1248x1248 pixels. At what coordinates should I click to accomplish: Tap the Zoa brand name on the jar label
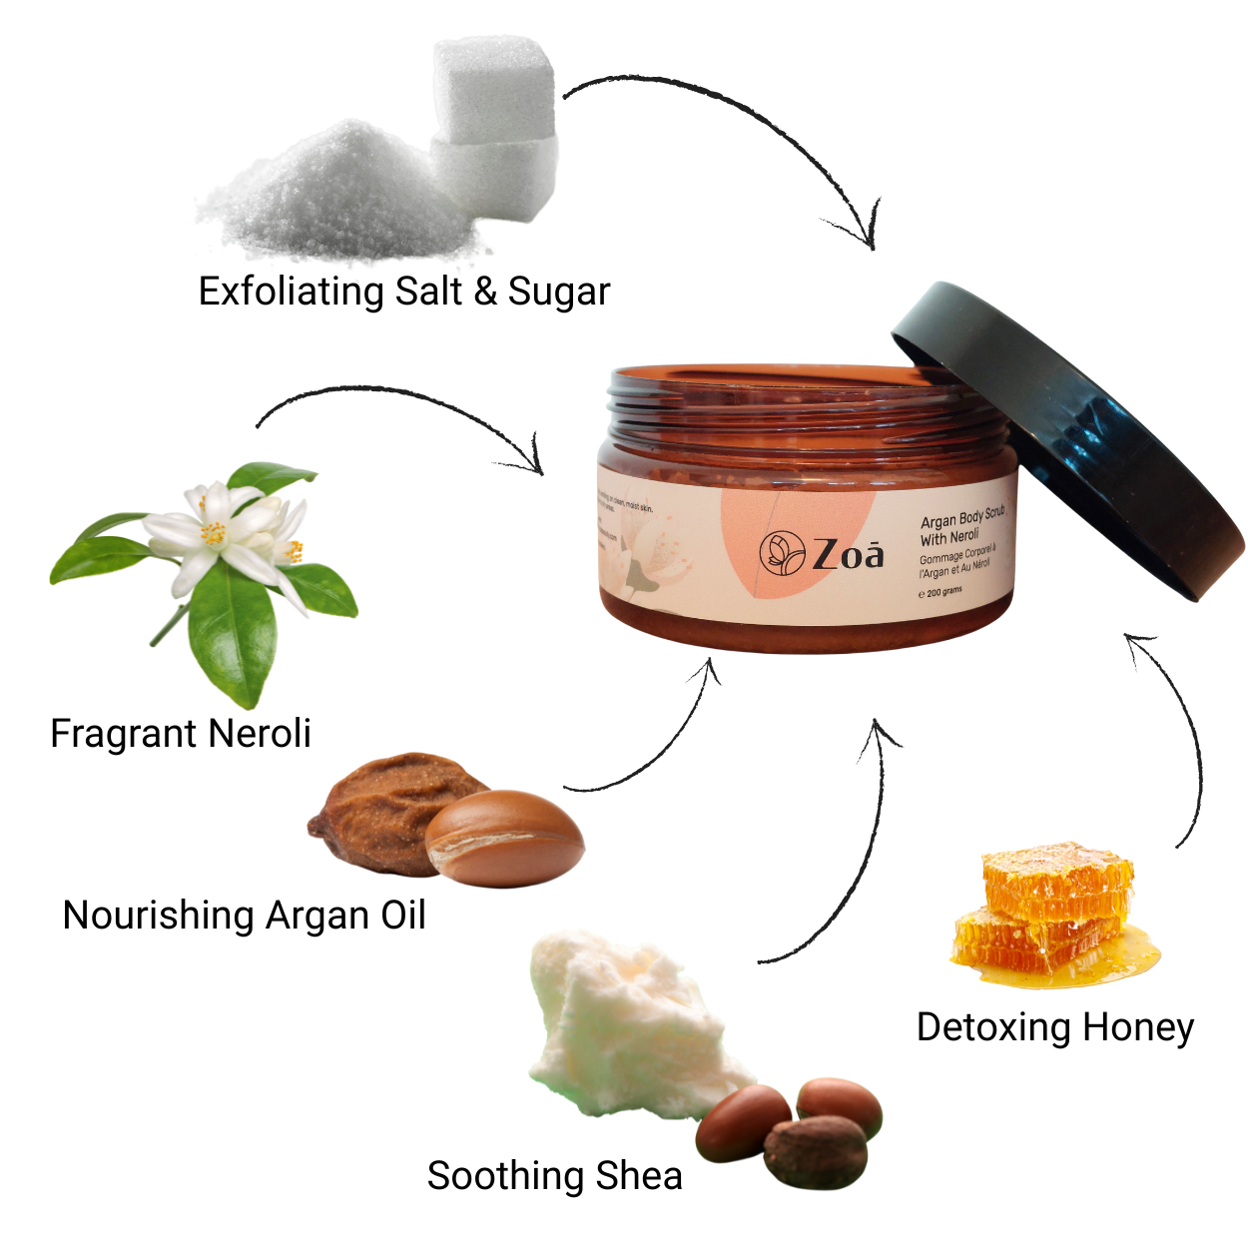pos(848,554)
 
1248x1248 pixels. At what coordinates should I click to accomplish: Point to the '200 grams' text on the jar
pos(943,592)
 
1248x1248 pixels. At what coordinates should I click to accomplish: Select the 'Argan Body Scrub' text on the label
pos(962,518)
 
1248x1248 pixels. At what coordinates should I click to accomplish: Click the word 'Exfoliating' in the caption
pos(291,292)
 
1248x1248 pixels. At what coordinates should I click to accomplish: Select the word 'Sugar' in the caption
pos(558,292)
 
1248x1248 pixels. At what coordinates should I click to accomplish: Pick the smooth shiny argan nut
pos(505,839)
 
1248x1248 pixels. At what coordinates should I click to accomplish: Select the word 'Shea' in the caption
pos(638,1176)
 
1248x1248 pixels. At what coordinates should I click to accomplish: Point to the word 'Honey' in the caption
pos(1138,1027)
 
